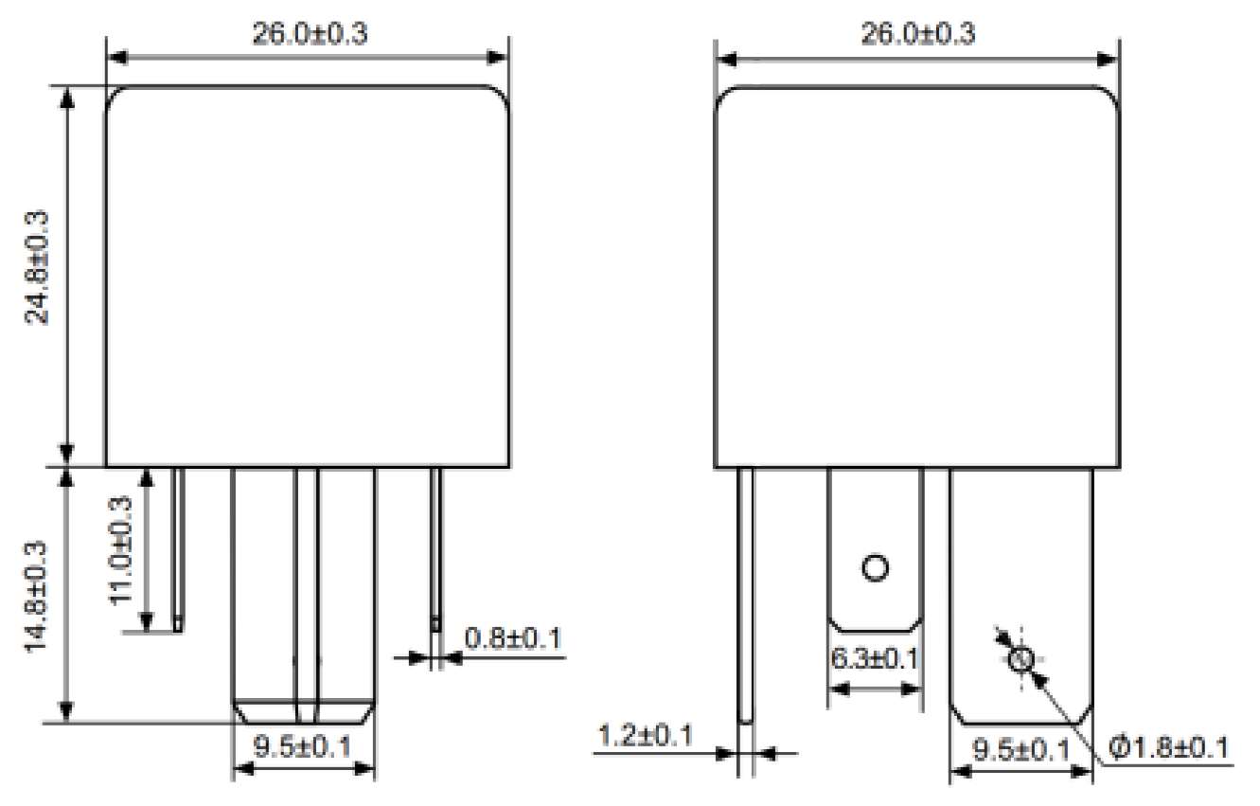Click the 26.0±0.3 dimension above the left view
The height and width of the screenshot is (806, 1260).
[x=309, y=34]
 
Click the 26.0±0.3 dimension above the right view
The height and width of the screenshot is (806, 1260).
[x=916, y=34]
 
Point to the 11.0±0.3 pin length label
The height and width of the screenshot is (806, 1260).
[x=121, y=549]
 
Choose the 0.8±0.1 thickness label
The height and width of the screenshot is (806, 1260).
[x=512, y=638]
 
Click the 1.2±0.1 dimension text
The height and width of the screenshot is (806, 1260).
[x=646, y=734]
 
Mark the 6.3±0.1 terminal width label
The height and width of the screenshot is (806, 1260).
[x=875, y=657]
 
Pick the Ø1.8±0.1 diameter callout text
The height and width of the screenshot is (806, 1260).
[x=1168, y=748]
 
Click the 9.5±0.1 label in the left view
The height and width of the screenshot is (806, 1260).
[x=303, y=746]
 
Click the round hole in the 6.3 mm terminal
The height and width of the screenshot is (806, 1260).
[x=875, y=568]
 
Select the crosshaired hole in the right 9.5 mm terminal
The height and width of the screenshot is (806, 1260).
[x=1020, y=660]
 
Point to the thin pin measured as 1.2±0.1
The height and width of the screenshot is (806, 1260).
[x=746, y=597]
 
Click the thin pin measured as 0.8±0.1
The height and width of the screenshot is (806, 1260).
[x=435, y=549]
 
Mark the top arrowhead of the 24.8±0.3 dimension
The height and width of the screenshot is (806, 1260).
[x=67, y=95]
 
